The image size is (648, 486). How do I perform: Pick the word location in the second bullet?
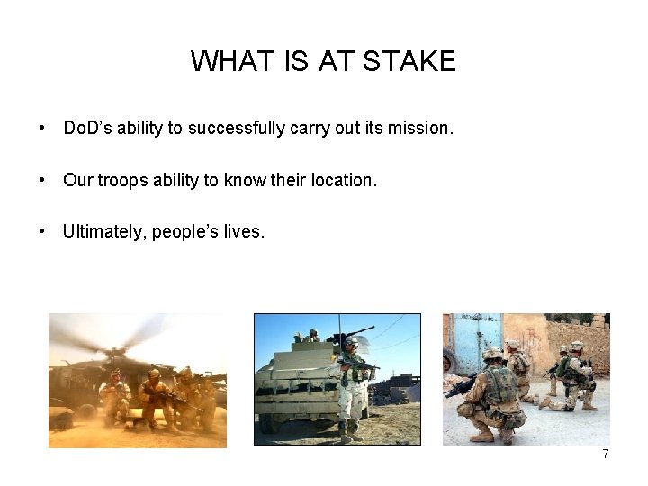point(343,180)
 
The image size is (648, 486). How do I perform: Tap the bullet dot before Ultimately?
point(43,232)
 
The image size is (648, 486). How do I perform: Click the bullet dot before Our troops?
point(43,180)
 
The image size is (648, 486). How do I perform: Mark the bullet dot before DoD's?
point(43,128)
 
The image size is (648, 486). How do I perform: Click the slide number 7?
point(606,454)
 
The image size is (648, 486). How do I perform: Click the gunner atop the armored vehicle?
point(312,336)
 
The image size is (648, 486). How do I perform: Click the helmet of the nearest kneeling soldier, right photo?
point(492,355)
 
